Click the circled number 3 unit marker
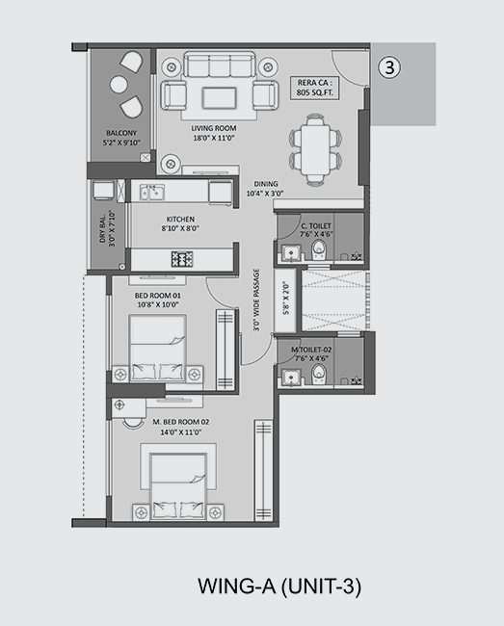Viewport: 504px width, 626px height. point(389,67)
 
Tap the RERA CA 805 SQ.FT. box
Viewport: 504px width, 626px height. point(315,88)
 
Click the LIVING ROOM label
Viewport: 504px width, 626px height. point(214,128)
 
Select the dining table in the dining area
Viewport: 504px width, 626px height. point(315,149)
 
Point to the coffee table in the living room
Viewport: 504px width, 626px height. point(220,98)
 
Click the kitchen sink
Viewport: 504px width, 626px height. point(151,192)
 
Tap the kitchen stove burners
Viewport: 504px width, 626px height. point(182,259)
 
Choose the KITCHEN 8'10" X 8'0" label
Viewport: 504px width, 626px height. point(180,223)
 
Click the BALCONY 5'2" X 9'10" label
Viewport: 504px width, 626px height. point(121,138)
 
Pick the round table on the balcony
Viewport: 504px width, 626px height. point(119,84)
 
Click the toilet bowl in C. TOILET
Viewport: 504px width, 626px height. point(319,250)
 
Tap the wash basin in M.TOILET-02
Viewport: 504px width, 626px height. point(291,378)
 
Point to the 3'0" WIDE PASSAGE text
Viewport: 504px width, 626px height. point(256,300)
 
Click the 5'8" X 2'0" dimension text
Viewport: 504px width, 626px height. point(286,300)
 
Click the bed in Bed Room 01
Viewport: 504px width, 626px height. point(158,348)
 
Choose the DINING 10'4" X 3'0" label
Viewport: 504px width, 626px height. point(265,189)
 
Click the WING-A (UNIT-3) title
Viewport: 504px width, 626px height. point(279,587)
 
